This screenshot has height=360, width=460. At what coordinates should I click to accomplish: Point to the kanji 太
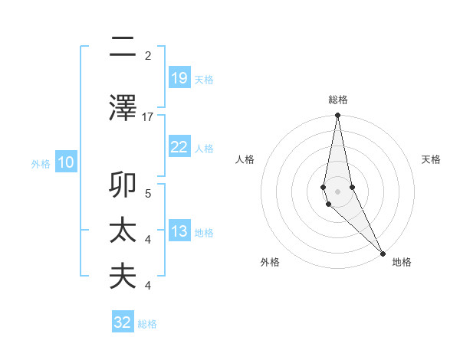(x=123, y=232)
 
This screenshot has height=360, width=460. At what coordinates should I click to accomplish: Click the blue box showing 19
(x=179, y=78)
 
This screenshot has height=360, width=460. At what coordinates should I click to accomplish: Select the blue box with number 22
(x=179, y=147)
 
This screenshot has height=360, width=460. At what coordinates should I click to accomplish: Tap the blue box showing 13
(x=179, y=232)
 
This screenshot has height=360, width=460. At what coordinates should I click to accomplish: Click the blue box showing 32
(x=123, y=322)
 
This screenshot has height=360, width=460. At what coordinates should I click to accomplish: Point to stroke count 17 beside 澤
(x=148, y=116)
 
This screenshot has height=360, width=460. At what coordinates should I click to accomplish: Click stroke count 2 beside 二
(x=148, y=56)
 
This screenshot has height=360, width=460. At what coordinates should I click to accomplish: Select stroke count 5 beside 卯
(x=148, y=193)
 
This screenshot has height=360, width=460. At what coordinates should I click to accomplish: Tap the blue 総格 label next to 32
(x=147, y=324)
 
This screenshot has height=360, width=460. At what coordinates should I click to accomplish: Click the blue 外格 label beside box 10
(x=41, y=163)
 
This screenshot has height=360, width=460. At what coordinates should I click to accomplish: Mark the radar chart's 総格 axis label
(x=337, y=100)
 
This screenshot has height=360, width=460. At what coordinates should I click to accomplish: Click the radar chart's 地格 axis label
(x=402, y=262)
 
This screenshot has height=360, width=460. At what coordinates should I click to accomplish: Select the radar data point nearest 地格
(x=383, y=252)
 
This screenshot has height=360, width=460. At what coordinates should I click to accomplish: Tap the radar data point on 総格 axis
(x=337, y=116)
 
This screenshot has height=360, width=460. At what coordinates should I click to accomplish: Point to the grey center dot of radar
(x=337, y=191)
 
